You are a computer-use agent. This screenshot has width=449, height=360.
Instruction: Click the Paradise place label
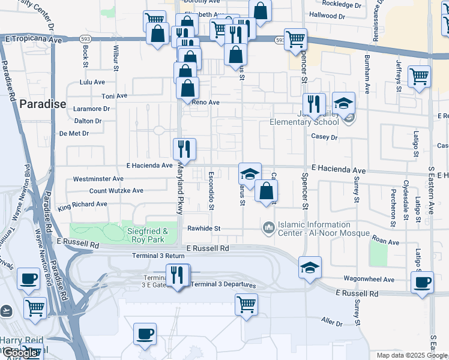click(x=43, y=104)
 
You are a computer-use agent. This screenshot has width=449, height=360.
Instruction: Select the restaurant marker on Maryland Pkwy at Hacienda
click(x=184, y=149)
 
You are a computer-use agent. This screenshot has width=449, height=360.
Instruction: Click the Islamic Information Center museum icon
click(x=268, y=228)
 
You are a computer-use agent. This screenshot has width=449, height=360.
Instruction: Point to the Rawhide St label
click(x=204, y=229)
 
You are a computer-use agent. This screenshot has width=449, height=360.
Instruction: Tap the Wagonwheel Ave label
click(x=369, y=280)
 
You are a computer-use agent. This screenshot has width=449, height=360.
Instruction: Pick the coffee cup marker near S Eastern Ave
click(x=423, y=282)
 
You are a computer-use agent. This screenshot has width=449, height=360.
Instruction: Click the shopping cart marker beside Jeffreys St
click(x=419, y=76)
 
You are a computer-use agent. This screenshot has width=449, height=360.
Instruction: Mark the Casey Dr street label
click(x=325, y=137)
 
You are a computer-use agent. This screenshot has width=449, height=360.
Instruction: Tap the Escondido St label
click(x=211, y=191)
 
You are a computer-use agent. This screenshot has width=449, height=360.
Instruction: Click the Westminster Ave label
click(x=98, y=179)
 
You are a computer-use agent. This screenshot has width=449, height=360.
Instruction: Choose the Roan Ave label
click(x=385, y=242)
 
